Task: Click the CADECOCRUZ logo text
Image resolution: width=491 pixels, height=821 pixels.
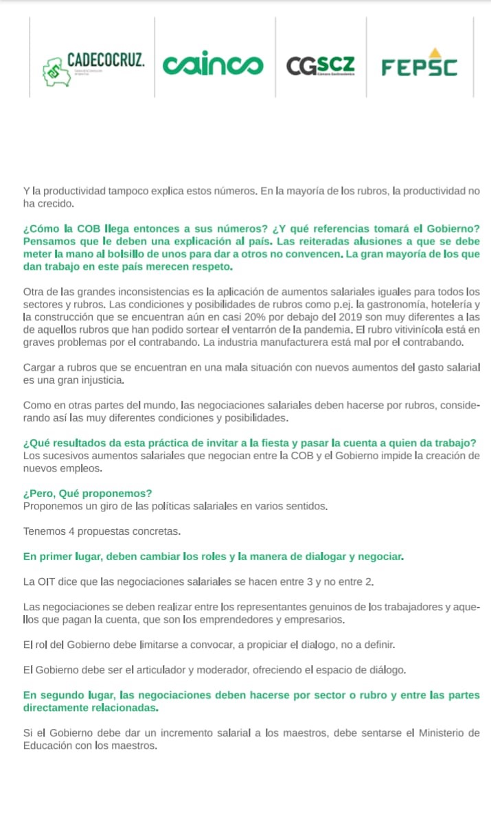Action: pyautogui.click(x=106, y=60)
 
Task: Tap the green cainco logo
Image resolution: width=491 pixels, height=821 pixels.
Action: pyautogui.click(x=213, y=65)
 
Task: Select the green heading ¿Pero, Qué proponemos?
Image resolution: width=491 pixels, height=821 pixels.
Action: pyautogui.click(x=87, y=493)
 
